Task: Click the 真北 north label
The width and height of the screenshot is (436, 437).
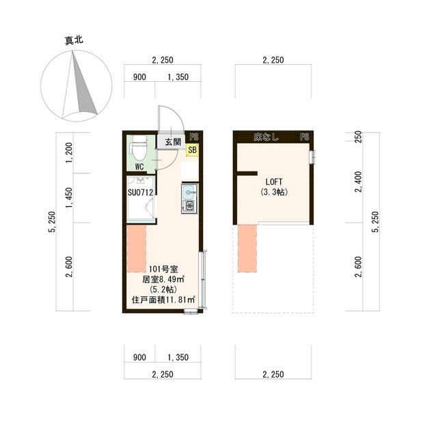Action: coord(74,41)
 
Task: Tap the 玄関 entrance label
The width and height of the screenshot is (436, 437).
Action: coord(172,142)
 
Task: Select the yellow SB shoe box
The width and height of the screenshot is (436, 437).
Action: coord(191,151)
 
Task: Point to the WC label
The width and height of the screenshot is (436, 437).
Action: coord(139,166)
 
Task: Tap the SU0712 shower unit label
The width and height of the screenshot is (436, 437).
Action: coord(139,192)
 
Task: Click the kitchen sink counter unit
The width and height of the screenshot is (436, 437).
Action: coord(189,198)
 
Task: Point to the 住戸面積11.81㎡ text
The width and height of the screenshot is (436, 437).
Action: coord(163,299)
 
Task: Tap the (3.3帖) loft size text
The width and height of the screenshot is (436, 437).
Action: coord(273,193)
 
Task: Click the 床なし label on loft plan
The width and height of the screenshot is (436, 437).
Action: coord(266,137)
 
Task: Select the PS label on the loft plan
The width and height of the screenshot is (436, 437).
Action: coord(304,137)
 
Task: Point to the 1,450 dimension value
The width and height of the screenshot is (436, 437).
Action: coord(68,199)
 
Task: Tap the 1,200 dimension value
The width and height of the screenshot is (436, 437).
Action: coord(68,153)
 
